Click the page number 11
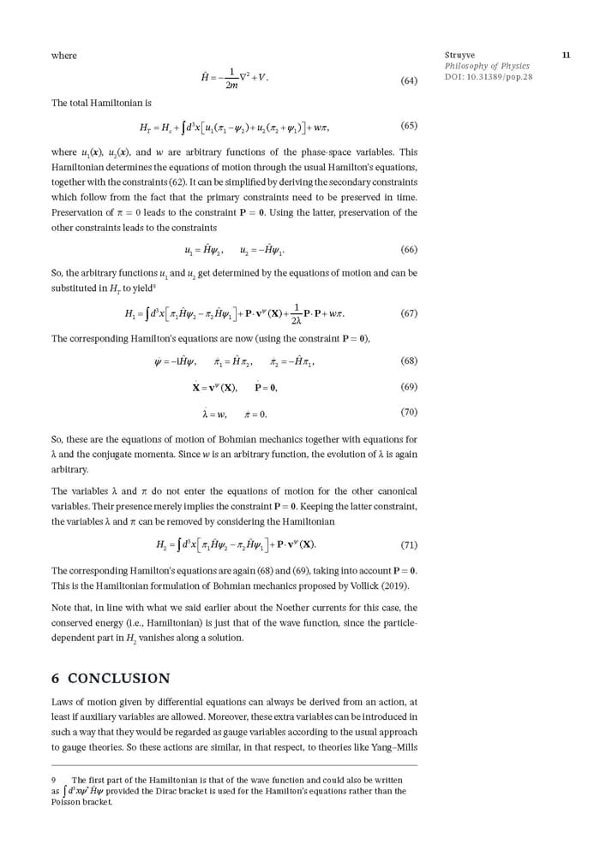click(566, 56)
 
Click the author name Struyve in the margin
click(460, 56)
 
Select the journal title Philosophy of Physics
click(487, 66)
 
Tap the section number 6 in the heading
click(56, 679)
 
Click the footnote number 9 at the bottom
click(54, 780)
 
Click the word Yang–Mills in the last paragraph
click(393, 747)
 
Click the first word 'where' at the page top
click(64, 56)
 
